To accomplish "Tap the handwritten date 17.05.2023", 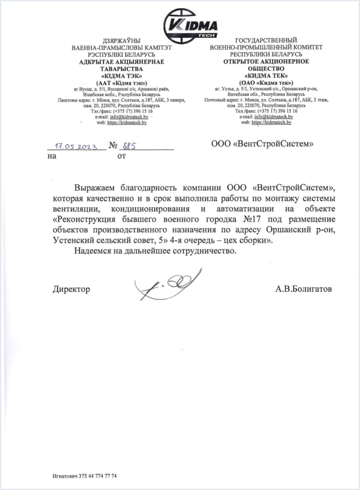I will click(76, 145).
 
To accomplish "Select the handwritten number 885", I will click(126, 145).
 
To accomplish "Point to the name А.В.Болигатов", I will click(303, 289).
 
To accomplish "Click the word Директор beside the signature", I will click(71, 289).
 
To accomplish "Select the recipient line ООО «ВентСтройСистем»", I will click(262, 144).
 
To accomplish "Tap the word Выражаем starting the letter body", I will click(97, 187).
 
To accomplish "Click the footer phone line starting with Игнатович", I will click(85, 476).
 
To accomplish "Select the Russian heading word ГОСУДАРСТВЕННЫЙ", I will click(266, 40).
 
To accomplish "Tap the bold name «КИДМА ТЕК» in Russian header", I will click(266, 76).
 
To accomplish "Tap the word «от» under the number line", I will click(122, 156).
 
